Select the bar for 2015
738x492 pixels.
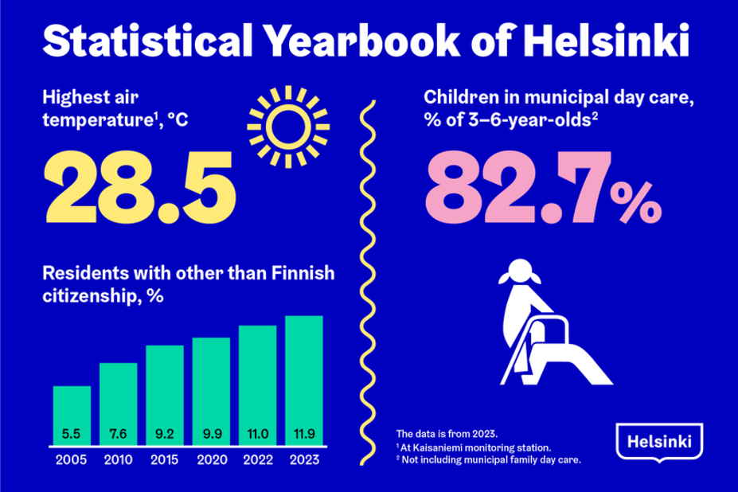[x=165, y=398]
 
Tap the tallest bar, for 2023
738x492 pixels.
[x=304, y=382]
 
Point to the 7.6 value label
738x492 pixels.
[x=118, y=435]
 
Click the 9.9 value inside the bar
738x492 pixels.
[x=211, y=435]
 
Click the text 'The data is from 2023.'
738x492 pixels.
[x=447, y=434]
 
